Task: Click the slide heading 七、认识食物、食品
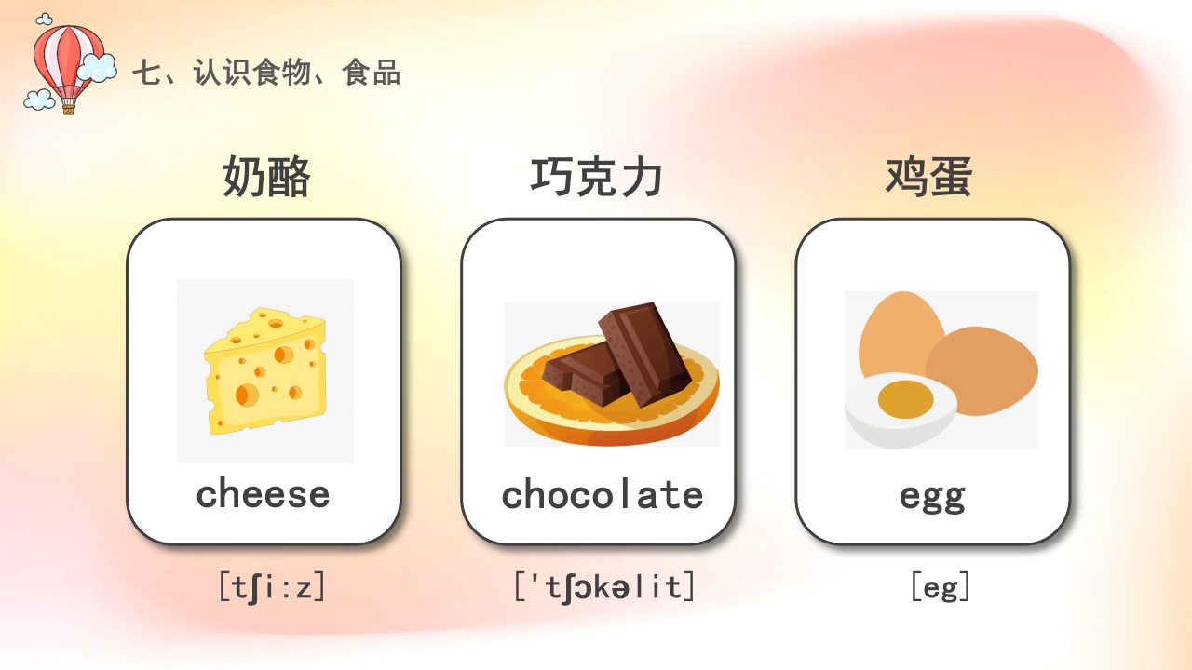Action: click(266, 73)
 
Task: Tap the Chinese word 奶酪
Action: click(265, 177)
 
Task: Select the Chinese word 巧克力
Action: click(597, 177)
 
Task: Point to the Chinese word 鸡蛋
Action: click(929, 177)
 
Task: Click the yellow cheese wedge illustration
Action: click(265, 370)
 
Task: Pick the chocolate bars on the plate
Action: click(619, 358)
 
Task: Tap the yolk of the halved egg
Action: click(905, 398)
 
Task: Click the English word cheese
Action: click(264, 494)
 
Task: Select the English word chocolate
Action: click(603, 494)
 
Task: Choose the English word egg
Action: click(932, 496)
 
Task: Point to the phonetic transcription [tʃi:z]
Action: click(272, 587)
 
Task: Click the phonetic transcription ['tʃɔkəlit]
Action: click(604, 587)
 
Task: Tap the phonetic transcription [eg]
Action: click(941, 587)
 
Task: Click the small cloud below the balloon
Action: click(39, 99)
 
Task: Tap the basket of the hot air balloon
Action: click(68, 108)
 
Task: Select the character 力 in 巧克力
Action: click(642, 177)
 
